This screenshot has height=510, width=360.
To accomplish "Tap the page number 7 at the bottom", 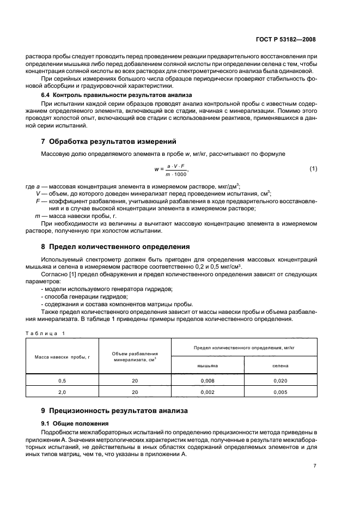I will [315, 466].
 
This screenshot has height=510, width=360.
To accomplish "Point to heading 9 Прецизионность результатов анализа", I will [114, 410].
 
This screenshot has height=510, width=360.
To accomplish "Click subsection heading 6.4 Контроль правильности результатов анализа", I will [109, 95].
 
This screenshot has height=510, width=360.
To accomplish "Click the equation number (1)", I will [313, 169].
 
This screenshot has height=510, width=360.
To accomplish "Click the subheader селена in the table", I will [280, 366].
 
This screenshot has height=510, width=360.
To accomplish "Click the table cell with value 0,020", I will [280, 381].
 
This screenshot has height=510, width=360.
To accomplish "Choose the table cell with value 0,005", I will [280, 392].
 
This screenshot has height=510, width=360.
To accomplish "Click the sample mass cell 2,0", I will [62, 392].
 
